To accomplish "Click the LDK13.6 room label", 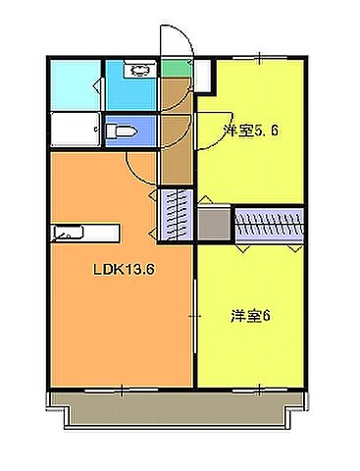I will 125,270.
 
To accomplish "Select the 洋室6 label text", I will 251,316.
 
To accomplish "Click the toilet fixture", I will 122,131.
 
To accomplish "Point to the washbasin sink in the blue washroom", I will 136,71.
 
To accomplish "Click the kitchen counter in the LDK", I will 84,233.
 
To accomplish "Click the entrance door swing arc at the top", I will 177,39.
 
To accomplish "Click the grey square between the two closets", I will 213,225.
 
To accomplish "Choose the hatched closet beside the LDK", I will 174,214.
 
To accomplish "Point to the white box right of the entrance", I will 202,77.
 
